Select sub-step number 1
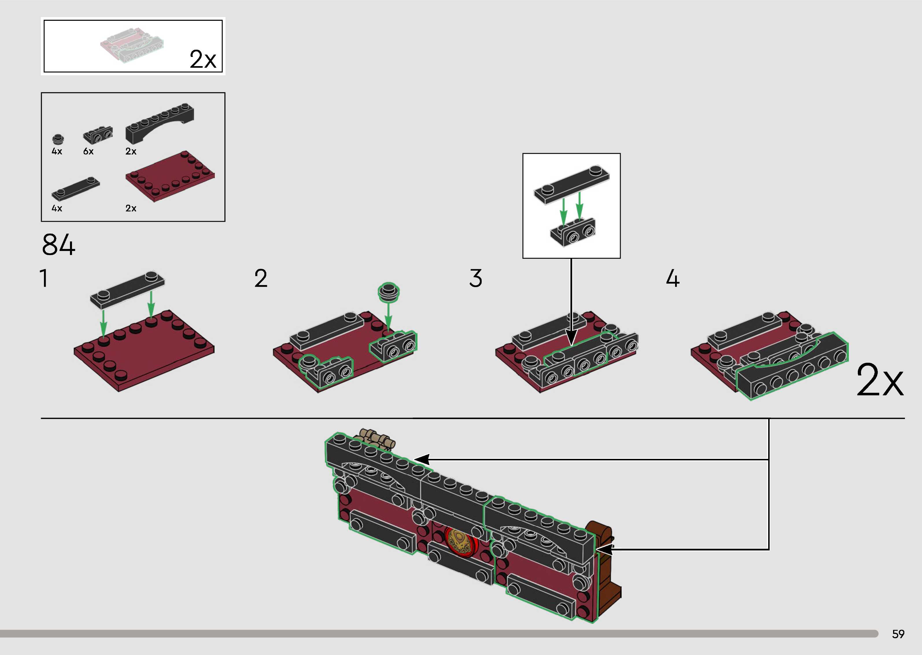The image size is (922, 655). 44,278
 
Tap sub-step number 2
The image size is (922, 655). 261,278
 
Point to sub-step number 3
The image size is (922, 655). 476,278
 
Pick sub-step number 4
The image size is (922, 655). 672,278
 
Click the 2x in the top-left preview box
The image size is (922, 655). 203,59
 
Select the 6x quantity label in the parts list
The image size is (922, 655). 88,151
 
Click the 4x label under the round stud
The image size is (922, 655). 57,151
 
